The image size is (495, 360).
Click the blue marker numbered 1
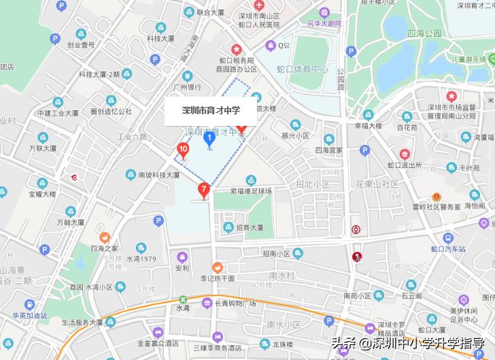coord(210,140)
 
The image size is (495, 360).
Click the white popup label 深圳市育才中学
coord(210,111)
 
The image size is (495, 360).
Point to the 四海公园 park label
coord(424,33)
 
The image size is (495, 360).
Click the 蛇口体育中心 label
coord(303,69)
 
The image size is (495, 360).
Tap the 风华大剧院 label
coord(324,23)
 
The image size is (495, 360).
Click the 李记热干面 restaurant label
coord(217,278)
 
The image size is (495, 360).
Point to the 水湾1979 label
coord(141,259)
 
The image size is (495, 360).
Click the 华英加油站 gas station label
coord(29,315)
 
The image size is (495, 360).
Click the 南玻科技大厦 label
coord(158,175)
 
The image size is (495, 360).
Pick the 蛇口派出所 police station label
coord(404,165)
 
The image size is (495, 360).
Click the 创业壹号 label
coord(81,45)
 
